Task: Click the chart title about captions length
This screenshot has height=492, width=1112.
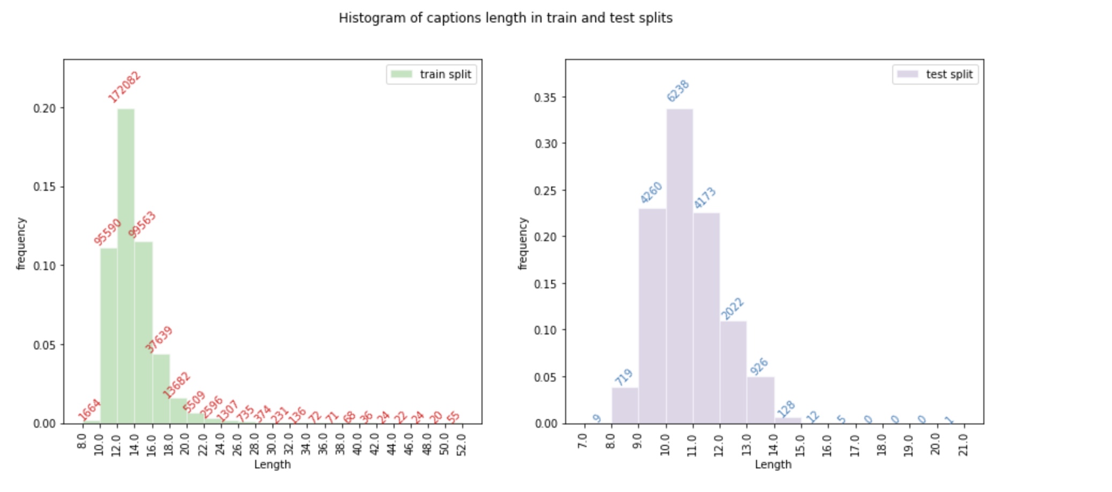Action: point(505,18)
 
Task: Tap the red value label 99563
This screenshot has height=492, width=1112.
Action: point(142,225)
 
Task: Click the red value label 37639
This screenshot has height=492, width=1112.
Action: point(159,339)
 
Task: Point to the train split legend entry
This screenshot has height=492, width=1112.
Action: point(432,74)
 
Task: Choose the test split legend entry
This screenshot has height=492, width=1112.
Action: point(936,74)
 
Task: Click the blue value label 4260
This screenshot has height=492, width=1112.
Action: point(651,193)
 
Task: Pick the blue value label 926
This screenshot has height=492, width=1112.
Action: point(759,367)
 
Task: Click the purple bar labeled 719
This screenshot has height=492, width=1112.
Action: point(625,406)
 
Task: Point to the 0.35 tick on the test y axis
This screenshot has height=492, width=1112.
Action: point(546,98)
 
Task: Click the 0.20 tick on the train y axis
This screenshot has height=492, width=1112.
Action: point(45,108)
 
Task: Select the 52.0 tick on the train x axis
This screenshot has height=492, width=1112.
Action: point(462,444)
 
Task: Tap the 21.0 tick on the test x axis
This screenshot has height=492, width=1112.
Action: point(964,444)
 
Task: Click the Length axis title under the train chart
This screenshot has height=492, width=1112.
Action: point(272,465)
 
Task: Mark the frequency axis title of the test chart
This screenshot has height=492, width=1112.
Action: point(523,243)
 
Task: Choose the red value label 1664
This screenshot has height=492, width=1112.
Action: point(89,410)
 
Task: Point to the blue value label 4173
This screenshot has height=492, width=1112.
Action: point(705,198)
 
